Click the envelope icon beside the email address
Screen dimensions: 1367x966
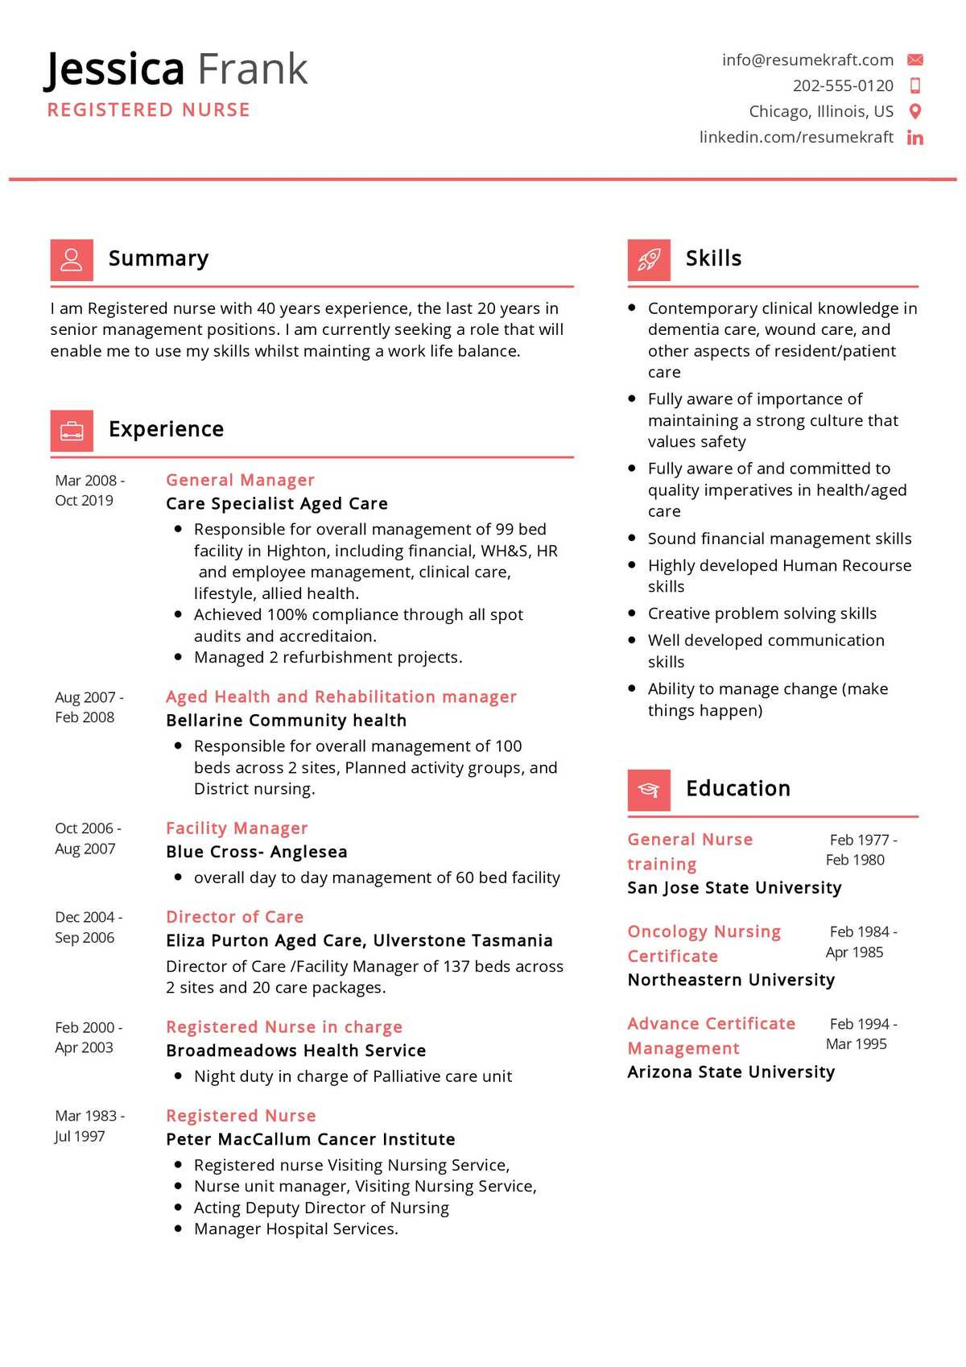[914, 60]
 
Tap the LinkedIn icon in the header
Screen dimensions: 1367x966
[914, 138]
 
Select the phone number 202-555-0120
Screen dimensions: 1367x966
[843, 85]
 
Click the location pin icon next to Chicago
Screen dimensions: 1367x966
[914, 111]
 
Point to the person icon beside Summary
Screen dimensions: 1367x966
[72, 259]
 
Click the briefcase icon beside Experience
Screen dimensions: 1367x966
[72, 431]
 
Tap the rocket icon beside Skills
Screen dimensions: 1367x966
[649, 259]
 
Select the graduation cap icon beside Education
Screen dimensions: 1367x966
[649, 790]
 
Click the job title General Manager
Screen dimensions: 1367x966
[240, 480]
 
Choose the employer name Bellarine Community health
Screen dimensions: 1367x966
[286, 721]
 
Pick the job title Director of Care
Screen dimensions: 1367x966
[234, 917]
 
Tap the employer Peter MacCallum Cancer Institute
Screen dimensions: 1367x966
[310, 1139]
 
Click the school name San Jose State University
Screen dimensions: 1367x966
[734, 887]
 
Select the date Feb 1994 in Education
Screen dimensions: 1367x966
[860, 1024]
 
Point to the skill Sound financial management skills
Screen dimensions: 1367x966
[779, 539]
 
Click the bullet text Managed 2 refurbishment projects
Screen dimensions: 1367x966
[328, 658]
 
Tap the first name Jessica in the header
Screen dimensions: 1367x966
[114, 69]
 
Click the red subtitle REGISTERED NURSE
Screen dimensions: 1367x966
[149, 110]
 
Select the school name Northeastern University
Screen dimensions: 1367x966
[731, 980]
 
